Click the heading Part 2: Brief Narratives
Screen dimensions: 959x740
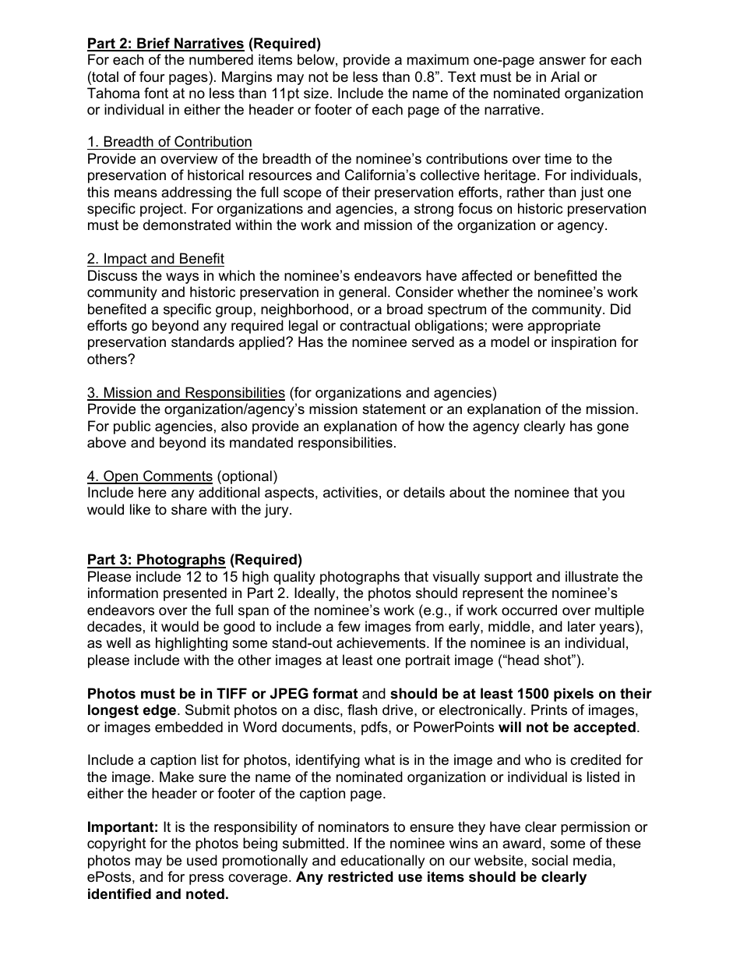pyautogui.click(x=165, y=44)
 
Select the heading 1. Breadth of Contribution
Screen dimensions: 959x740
pyautogui.click(x=169, y=142)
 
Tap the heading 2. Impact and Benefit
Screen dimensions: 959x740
pyautogui.click(x=155, y=259)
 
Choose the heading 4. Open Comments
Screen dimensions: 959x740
pyautogui.click(x=150, y=476)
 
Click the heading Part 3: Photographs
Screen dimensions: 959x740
pyautogui.click(x=156, y=560)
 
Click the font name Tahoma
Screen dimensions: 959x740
pyautogui.click(x=113, y=94)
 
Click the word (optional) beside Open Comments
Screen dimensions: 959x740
pyautogui.click(x=247, y=476)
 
